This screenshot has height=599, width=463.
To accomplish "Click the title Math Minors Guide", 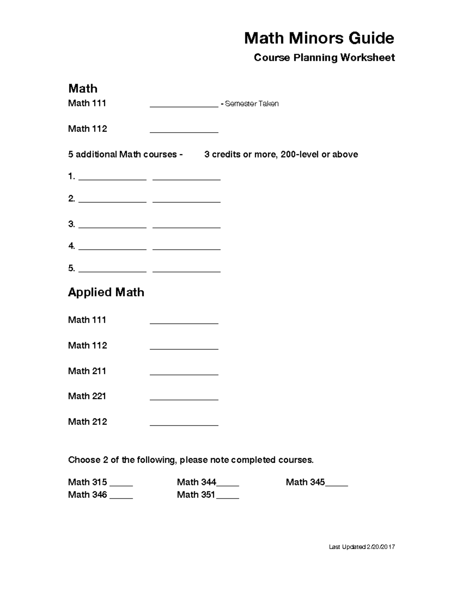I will (319, 38).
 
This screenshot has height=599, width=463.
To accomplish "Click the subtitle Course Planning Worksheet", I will (324, 58).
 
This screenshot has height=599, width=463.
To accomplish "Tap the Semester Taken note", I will (252, 104).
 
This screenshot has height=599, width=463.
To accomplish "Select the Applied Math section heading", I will (106, 292).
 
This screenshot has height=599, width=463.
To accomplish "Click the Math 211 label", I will (87, 371).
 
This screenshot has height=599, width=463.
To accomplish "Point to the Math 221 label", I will (87, 396).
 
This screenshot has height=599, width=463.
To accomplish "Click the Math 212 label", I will (87, 422).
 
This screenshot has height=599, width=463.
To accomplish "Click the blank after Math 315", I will (121, 485).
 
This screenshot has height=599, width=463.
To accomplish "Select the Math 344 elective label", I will (196, 482).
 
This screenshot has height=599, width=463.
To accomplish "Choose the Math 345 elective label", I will (305, 482).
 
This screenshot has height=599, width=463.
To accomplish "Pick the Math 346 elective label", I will (87, 494).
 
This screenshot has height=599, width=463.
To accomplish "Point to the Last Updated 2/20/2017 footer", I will (362, 547).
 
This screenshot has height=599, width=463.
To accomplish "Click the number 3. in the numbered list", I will (71, 224).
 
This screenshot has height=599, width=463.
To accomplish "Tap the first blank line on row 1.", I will (112, 179).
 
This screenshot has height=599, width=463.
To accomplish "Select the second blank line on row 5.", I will (186, 271).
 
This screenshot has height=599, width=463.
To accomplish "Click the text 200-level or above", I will (319, 154).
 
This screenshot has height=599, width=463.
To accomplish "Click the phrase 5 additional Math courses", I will (122, 154).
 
